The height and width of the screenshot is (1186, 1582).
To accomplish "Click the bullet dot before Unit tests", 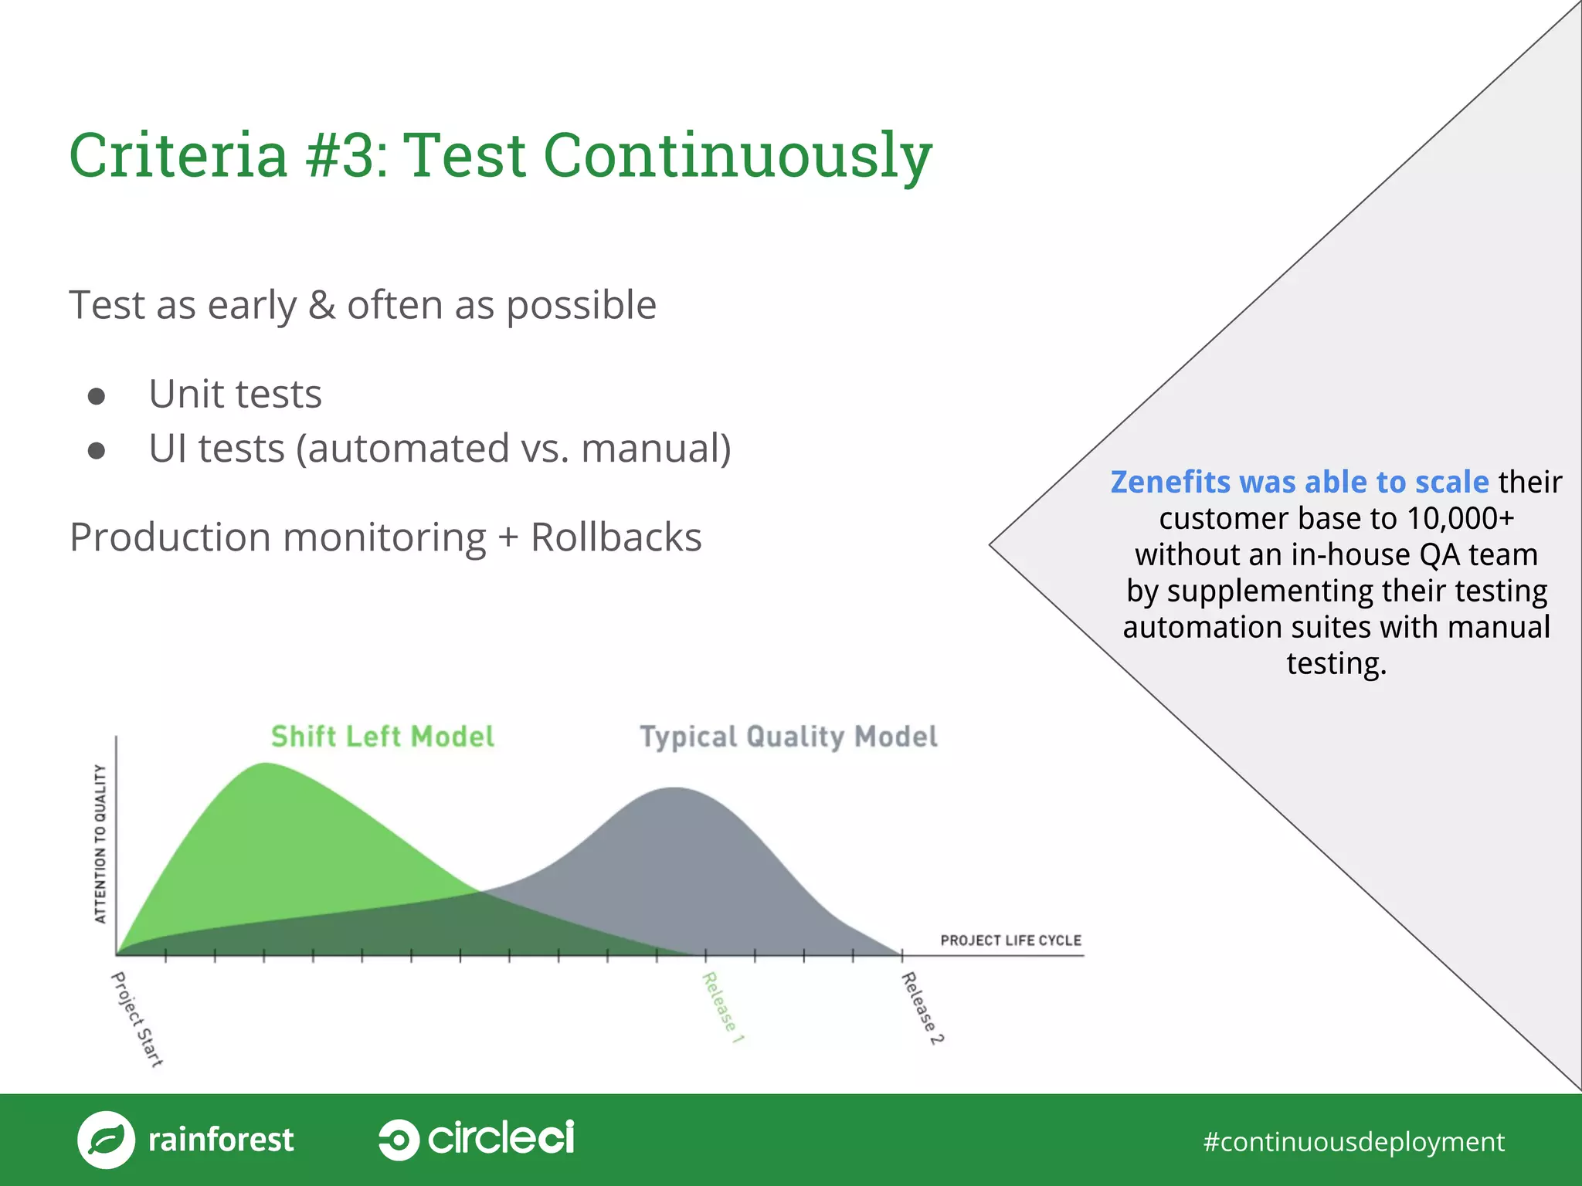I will point(97,396).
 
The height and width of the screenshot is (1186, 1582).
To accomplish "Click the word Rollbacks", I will point(616,537).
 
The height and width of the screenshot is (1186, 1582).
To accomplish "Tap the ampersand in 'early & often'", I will point(321,305).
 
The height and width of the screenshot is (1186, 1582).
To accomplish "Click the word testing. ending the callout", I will point(1336,664).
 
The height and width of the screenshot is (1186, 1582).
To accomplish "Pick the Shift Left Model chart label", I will point(382,737).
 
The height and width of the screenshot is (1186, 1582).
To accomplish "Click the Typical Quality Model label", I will point(788,737).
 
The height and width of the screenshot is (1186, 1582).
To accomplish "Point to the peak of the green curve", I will point(265,764).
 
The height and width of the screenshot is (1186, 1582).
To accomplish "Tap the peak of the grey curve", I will point(674,789).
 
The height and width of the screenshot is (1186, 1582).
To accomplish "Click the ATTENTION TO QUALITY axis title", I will point(100,843).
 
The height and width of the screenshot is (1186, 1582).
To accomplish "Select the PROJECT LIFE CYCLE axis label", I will point(1010,940).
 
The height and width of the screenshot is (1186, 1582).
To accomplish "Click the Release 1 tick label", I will point(722,1008).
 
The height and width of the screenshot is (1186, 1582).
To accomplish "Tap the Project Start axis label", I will point(137,1019).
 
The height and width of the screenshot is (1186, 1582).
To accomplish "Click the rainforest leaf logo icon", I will point(107,1140).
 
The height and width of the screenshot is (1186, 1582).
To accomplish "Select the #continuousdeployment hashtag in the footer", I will point(1353,1141).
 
